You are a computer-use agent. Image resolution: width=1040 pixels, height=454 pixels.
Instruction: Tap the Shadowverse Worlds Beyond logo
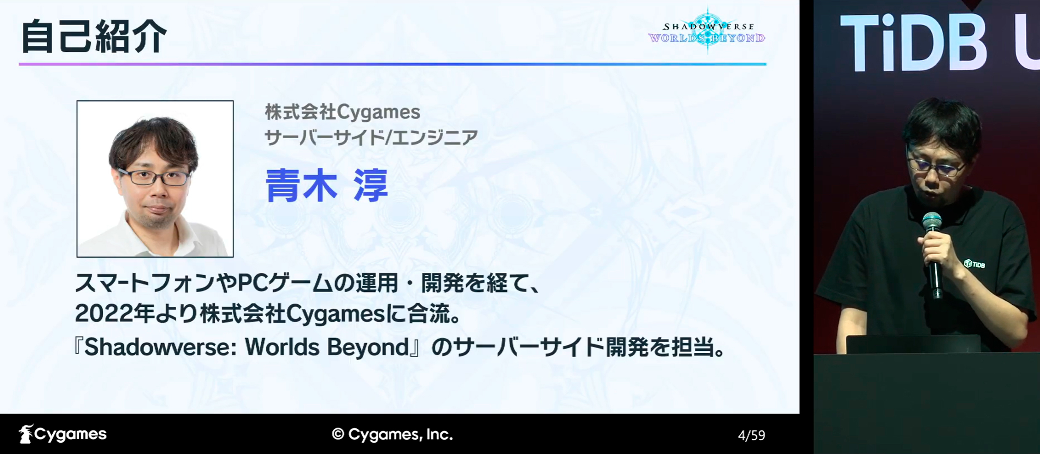(707, 30)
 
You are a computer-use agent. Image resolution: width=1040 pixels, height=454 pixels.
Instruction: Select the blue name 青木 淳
(327, 185)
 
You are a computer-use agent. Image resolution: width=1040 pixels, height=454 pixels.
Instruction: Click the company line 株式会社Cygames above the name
(342, 112)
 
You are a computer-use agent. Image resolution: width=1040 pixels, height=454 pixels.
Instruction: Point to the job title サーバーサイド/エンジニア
(371, 137)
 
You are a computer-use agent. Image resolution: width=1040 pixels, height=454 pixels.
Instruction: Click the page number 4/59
(751, 435)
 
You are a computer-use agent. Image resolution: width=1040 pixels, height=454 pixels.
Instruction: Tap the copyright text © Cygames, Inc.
(392, 434)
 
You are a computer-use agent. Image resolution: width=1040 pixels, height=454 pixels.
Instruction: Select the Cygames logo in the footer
(63, 434)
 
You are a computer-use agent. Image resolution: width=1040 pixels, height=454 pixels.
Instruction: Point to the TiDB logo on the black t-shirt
(975, 264)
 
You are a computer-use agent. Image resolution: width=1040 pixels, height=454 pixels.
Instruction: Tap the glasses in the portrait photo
(154, 177)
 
